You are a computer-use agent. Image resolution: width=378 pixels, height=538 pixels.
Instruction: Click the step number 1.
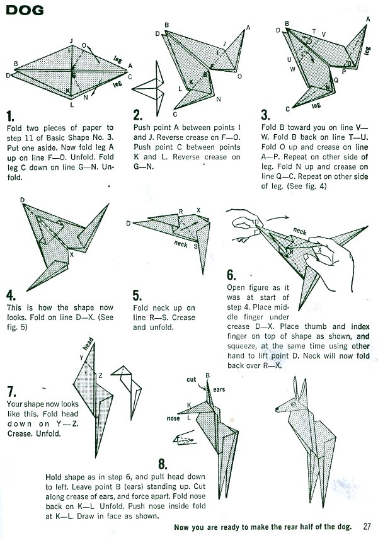pyautogui.click(x=11, y=116)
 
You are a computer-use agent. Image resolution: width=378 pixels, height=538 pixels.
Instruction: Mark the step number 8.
pyautogui.click(x=163, y=464)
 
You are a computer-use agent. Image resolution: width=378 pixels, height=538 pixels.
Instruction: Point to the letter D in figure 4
pyautogui.click(x=23, y=200)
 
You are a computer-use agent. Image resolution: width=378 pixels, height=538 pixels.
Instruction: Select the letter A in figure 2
pyautogui.click(x=248, y=28)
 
